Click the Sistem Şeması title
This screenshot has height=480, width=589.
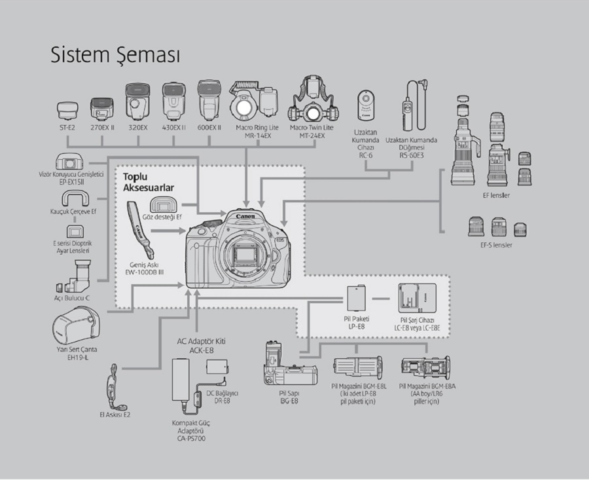(115, 55)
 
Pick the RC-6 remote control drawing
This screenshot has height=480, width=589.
(365, 105)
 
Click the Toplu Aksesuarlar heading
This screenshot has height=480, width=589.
(142, 183)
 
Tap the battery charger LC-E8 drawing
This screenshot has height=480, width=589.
(416, 299)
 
